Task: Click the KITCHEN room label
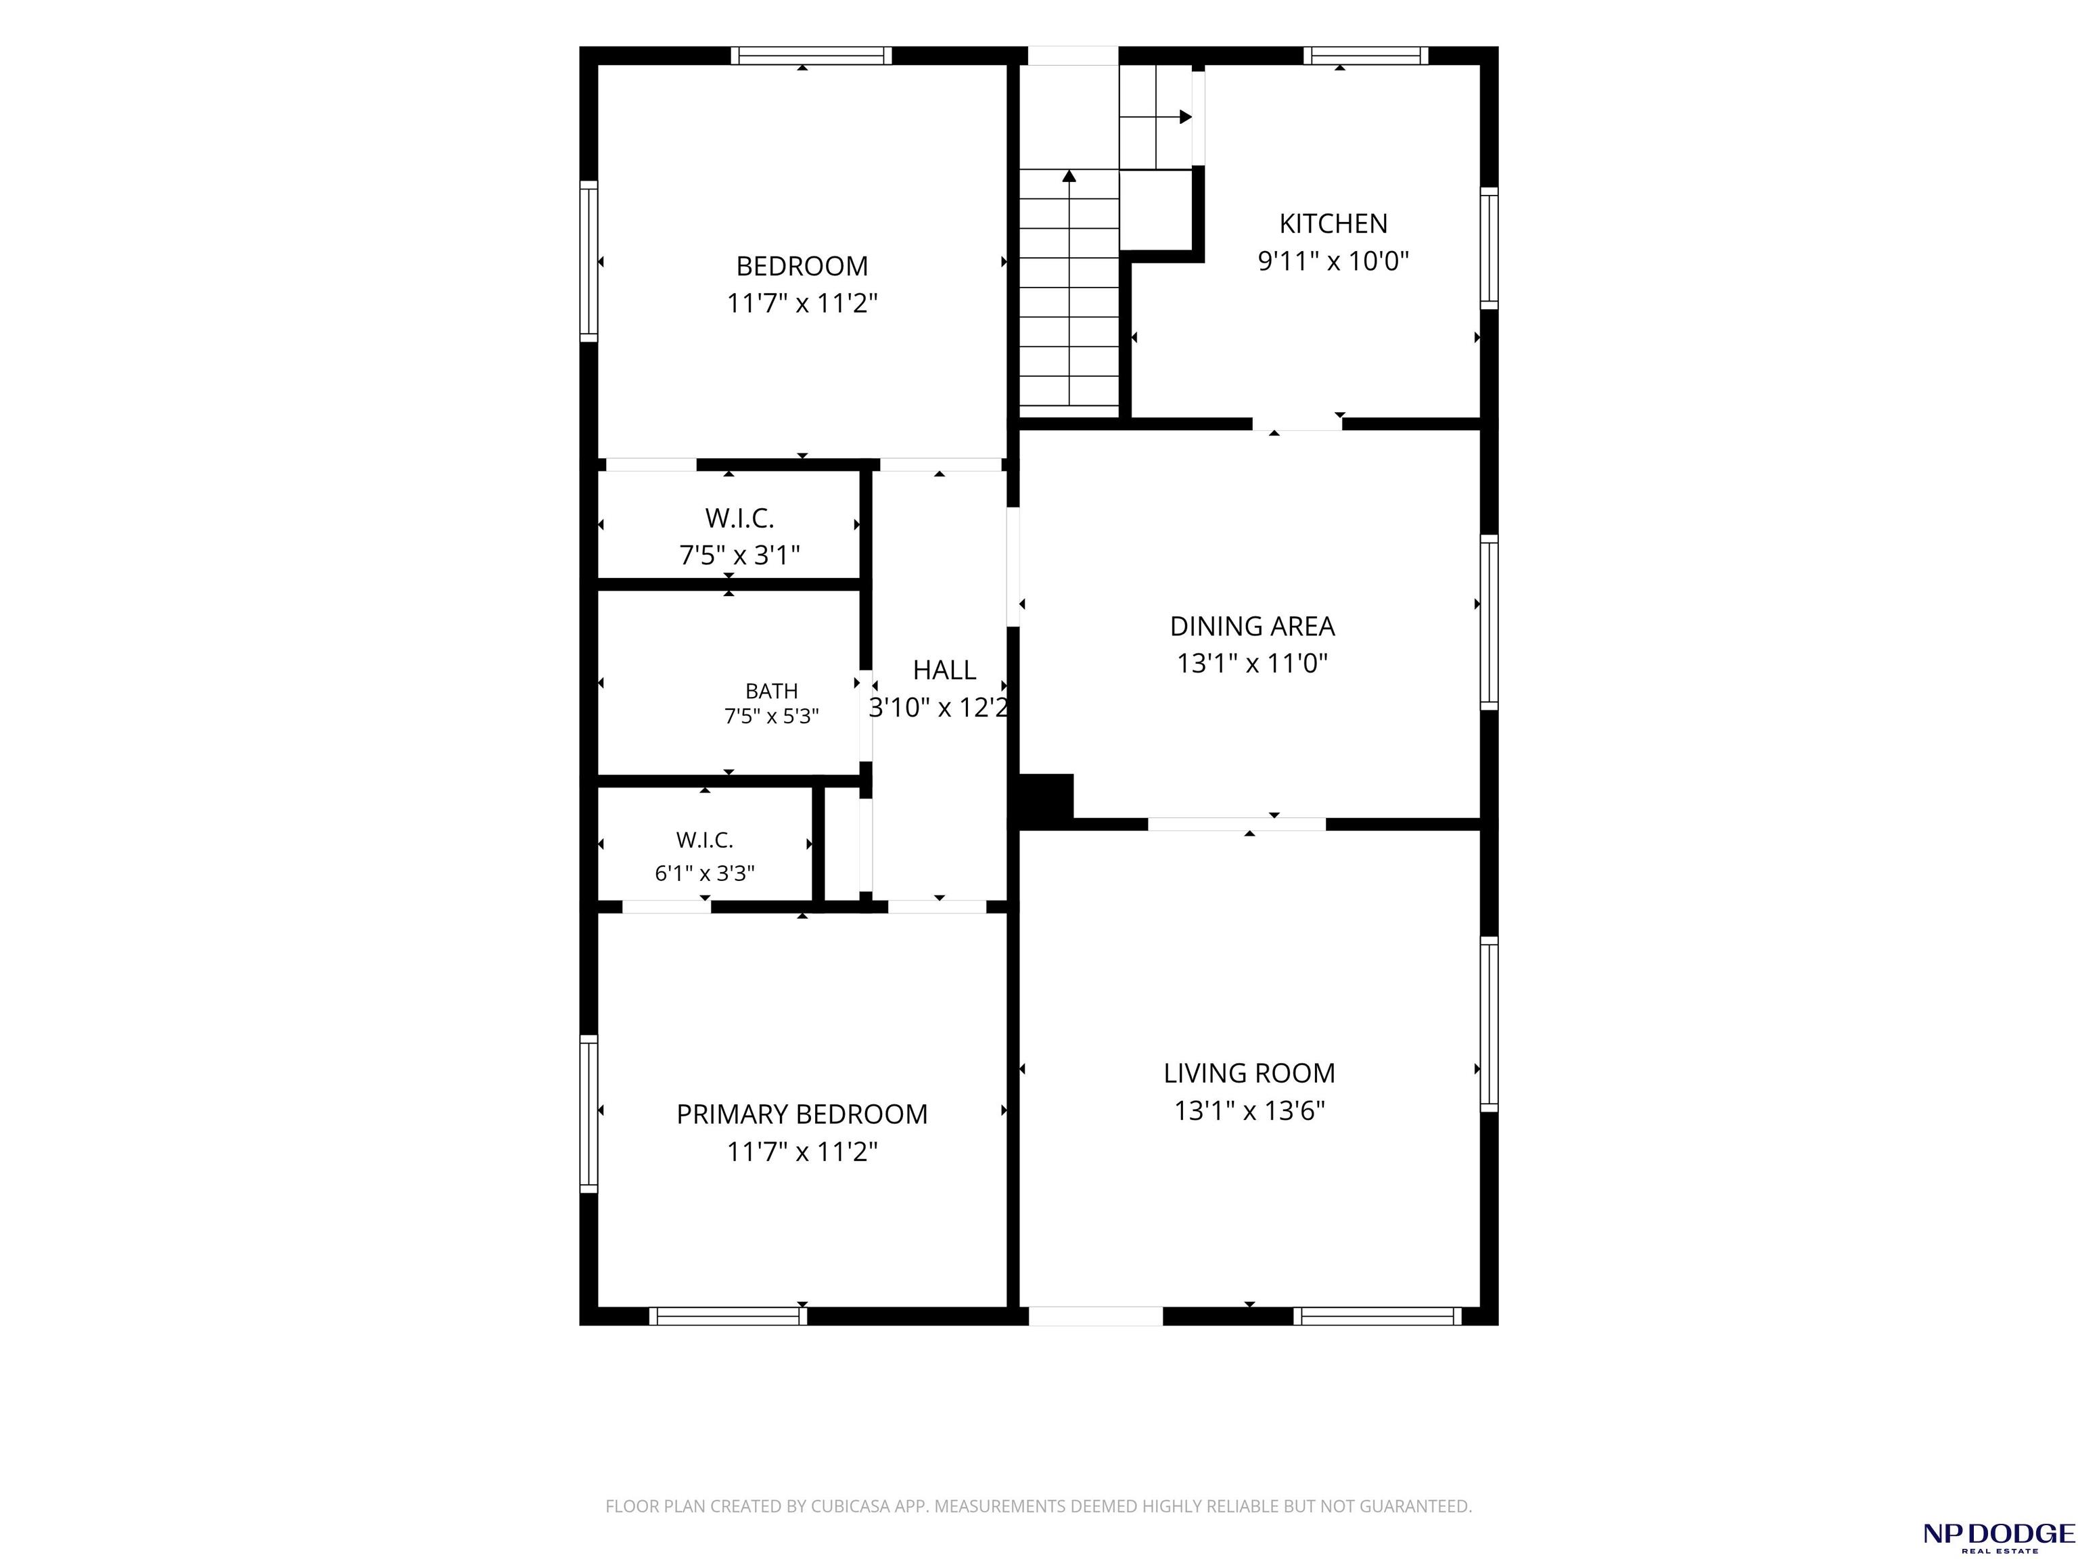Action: (1333, 224)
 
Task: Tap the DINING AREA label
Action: (1252, 626)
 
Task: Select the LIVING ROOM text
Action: (1249, 1073)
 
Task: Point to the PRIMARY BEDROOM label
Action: (802, 1114)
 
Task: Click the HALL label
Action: (944, 670)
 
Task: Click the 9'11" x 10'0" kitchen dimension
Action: (1333, 261)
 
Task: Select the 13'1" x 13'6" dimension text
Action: (1249, 1111)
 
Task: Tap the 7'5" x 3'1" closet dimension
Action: (739, 556)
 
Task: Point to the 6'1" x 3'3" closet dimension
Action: (705, 873)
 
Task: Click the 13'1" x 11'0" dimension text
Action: (1252, 663)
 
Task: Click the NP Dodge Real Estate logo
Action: (1998, 1537)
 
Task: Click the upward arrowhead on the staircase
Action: (1069, 176)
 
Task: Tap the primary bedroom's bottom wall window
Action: (728, 1315)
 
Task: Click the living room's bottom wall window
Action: (1377, 1315)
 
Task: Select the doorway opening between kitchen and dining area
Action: (1297, 424)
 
